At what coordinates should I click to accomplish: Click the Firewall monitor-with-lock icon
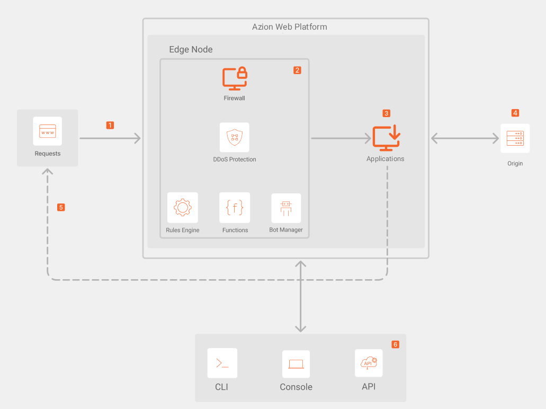[235, 78]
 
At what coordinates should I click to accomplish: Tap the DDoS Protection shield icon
[235, 138]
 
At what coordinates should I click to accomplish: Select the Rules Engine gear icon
[183, 207]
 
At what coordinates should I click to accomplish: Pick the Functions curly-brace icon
[235, 207]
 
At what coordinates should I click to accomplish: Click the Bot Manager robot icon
[286, 208]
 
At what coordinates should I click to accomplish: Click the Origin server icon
[515, 138]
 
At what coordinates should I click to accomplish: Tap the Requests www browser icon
[48, 131]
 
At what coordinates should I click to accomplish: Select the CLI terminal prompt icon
[222, 363]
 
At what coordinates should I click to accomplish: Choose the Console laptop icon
[296, 364]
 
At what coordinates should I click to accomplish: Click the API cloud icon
[369, 363]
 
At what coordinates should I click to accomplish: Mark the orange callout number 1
[110, 125]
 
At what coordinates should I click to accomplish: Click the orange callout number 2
[297, 70]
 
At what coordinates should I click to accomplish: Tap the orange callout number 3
[386, 113]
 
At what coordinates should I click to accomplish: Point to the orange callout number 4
[515, 113]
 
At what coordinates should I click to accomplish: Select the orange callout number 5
[61, 207]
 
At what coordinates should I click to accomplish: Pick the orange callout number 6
[395, 344]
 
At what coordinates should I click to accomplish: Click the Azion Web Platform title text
[289, 26]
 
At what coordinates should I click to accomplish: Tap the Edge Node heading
[191, 49]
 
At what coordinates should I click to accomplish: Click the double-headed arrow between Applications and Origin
[465, 138]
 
